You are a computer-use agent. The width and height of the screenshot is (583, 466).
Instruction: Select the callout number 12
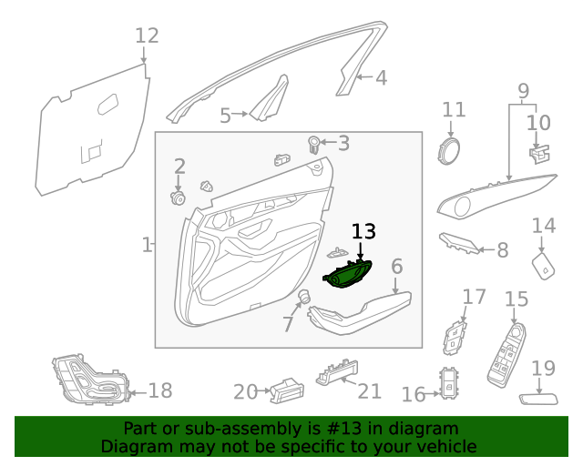[x=147, y=36]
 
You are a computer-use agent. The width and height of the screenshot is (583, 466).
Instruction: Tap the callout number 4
[x=381, y=78]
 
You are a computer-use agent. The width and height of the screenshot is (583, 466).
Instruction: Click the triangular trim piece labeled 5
[x=269, y=102]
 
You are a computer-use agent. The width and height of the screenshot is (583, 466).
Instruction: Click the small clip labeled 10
[x=540, y=151]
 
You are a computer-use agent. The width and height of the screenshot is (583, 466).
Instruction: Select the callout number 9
[x=524, y=90]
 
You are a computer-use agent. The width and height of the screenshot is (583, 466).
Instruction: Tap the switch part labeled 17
[x=455, y=336]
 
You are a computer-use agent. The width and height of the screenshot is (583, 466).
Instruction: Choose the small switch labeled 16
[x=451, y=384]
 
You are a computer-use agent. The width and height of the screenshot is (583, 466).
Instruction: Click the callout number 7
[x=287, y=323]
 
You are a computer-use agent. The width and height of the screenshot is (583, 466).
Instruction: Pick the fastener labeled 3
[x=313, y=143]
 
